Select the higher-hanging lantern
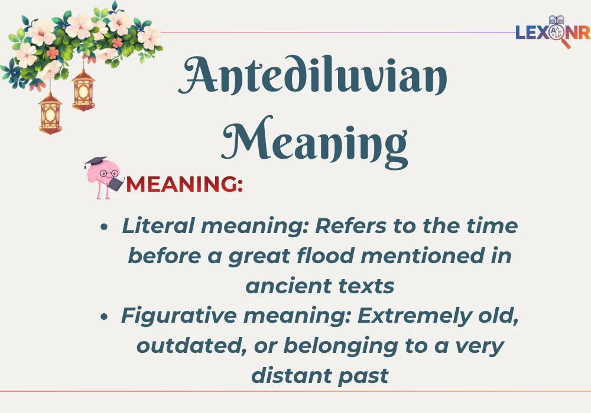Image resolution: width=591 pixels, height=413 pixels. tap(83, 89)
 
